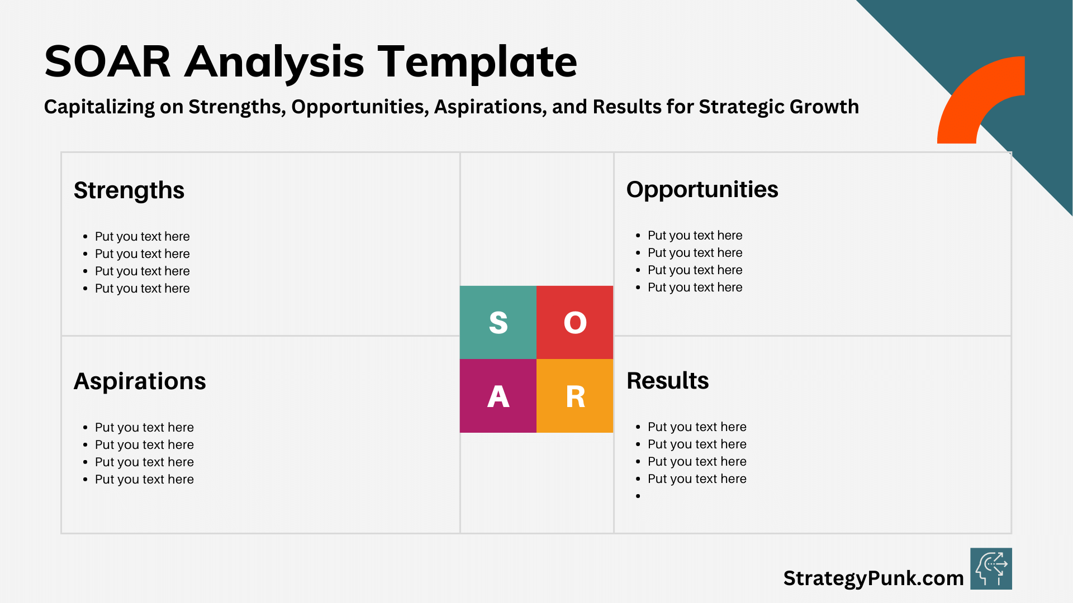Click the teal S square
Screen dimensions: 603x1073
498,322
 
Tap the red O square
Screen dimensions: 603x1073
575,322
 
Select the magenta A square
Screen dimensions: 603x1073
498,396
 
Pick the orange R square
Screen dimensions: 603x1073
575,396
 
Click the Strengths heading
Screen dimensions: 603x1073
129,190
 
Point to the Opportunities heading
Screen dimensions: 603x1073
702,189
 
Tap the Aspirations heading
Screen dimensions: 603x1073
140,381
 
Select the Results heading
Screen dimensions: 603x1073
667,381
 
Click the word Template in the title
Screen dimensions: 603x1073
477,61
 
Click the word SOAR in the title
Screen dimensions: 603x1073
107,61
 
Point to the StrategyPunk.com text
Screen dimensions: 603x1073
873,578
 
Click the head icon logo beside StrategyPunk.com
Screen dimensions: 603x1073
991,568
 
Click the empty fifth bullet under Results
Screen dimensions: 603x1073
638,496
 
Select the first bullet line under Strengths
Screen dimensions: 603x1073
142,236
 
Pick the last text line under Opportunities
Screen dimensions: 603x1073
695,287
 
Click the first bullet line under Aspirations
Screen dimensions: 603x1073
144,427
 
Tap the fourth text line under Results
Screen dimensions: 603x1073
697,478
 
